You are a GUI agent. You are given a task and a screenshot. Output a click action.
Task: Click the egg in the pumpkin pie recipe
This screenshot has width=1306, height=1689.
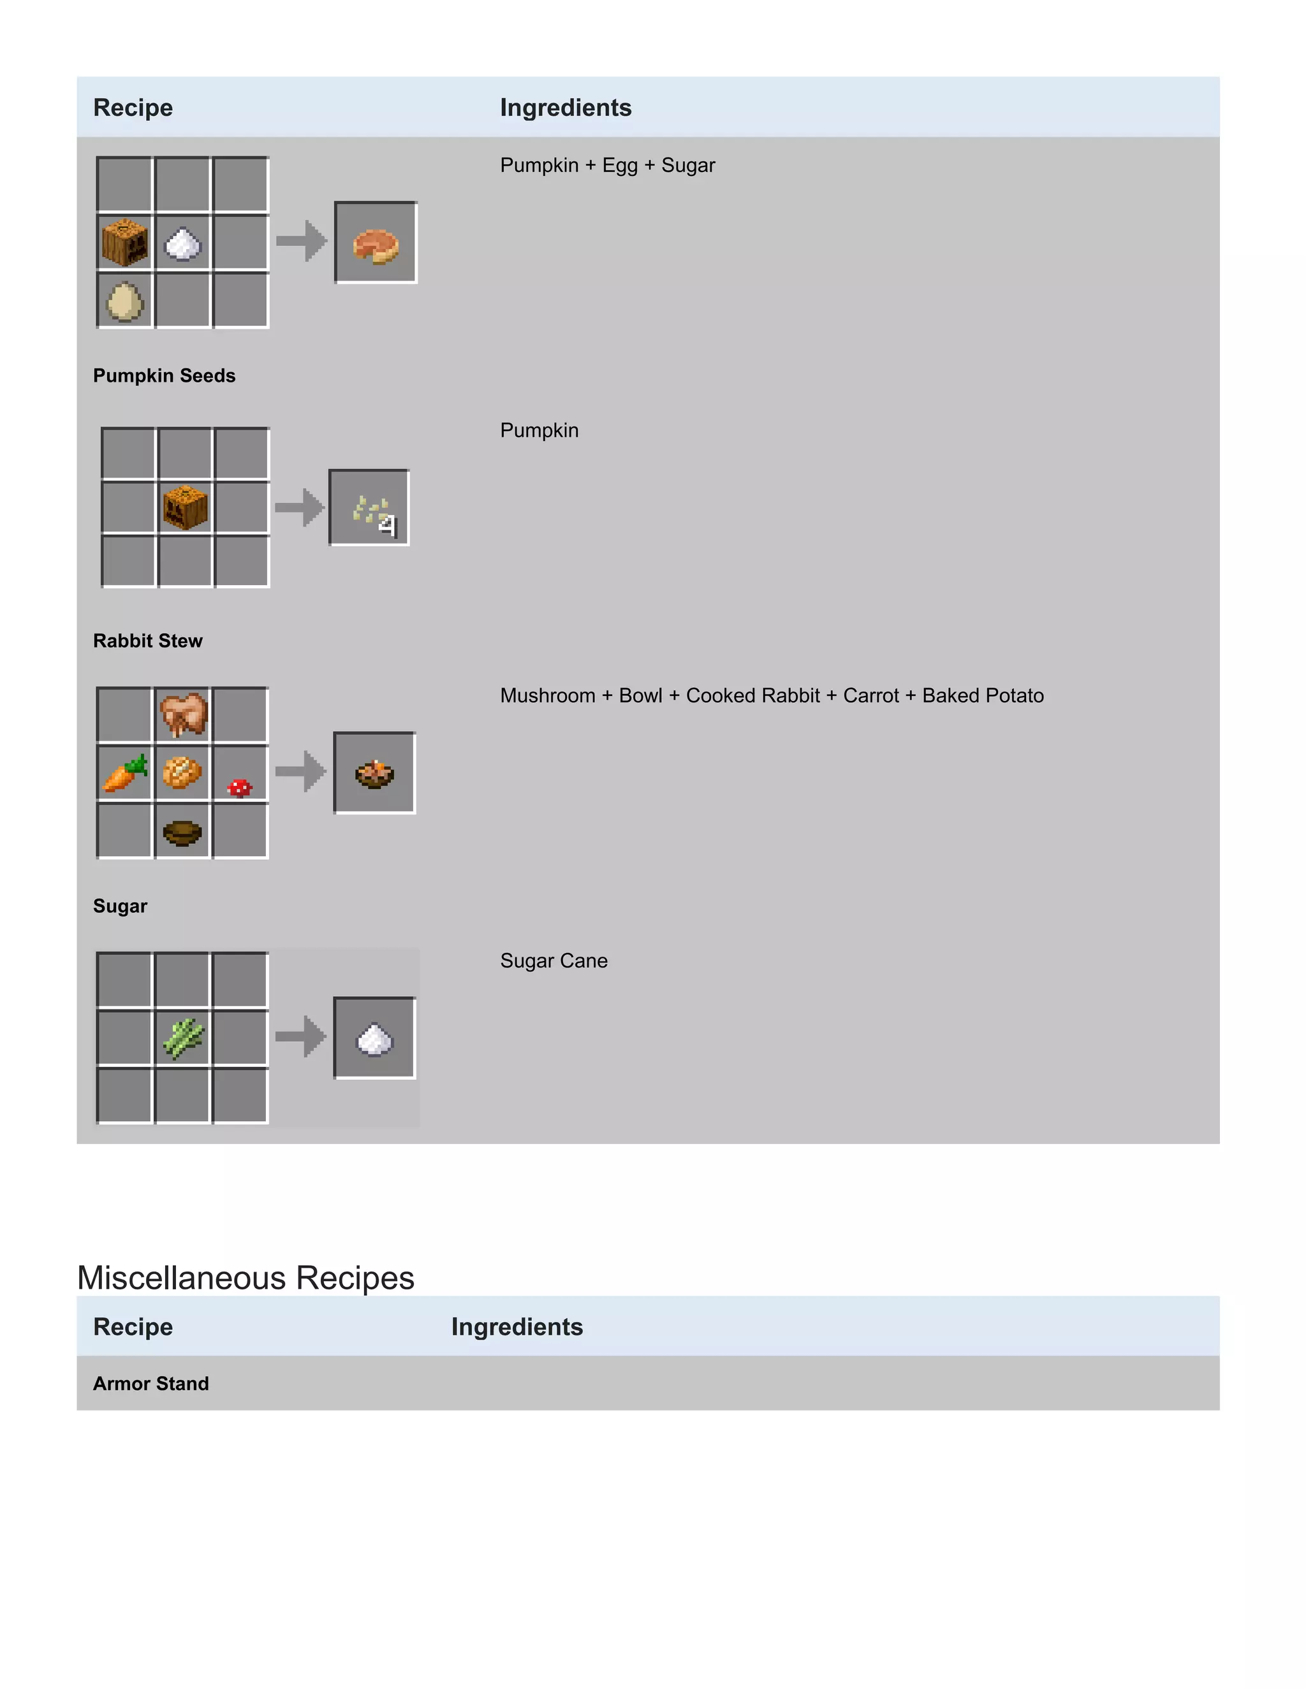tap(124, 300)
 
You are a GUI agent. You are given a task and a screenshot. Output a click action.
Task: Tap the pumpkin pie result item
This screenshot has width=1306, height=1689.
tap(376, 244)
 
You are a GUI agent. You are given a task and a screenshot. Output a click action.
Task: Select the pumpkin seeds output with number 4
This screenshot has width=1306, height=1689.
tap(371, 510)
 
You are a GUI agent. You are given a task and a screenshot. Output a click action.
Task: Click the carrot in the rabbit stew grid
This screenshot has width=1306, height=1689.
tap(124, 773)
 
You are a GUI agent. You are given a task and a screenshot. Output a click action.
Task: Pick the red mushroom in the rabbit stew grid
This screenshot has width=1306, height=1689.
tap(240, 787)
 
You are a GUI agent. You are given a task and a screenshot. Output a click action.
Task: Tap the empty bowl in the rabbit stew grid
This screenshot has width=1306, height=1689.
tap(182, 832)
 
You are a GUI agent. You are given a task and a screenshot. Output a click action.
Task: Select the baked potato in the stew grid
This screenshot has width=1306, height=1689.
tap(182, 772)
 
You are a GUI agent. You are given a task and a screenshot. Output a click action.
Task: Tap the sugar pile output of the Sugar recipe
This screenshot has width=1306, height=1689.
tap(375, 1039)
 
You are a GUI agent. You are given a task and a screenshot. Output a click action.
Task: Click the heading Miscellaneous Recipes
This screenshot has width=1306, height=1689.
tap(246, 1277)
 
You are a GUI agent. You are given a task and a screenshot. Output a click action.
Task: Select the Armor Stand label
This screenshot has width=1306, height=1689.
tap(151, 1384)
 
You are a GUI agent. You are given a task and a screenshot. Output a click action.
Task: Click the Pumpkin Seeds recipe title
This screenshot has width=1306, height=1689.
tap(164, 376)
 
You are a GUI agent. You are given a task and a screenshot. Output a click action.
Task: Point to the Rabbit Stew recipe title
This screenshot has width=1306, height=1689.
tap(148, 641)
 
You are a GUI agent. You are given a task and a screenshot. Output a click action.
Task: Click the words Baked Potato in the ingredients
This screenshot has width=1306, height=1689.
tap(983, 696)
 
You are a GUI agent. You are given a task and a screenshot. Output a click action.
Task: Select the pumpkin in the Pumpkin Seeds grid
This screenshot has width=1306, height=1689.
tap(186, 507)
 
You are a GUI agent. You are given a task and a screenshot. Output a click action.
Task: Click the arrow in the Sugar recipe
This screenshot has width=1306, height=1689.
tap(301, 1036)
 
